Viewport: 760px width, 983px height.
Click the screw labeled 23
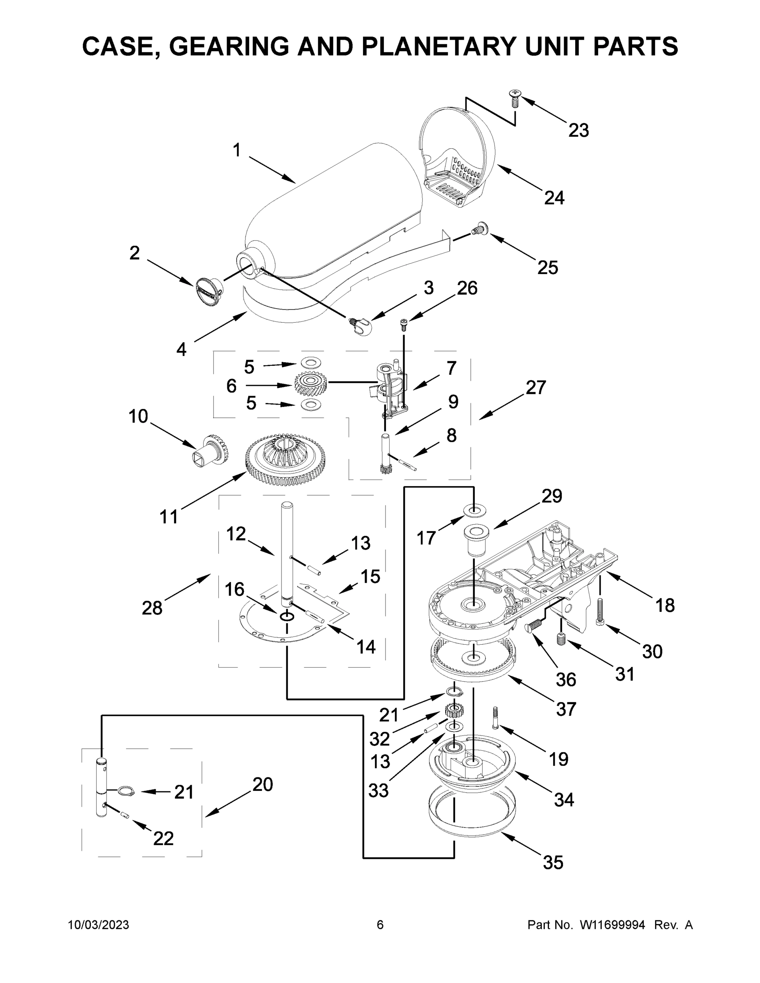(514, 98)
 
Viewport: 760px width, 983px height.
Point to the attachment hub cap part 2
(209, 292)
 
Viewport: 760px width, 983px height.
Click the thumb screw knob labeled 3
(363, 325)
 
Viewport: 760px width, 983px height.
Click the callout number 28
(152, 608)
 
